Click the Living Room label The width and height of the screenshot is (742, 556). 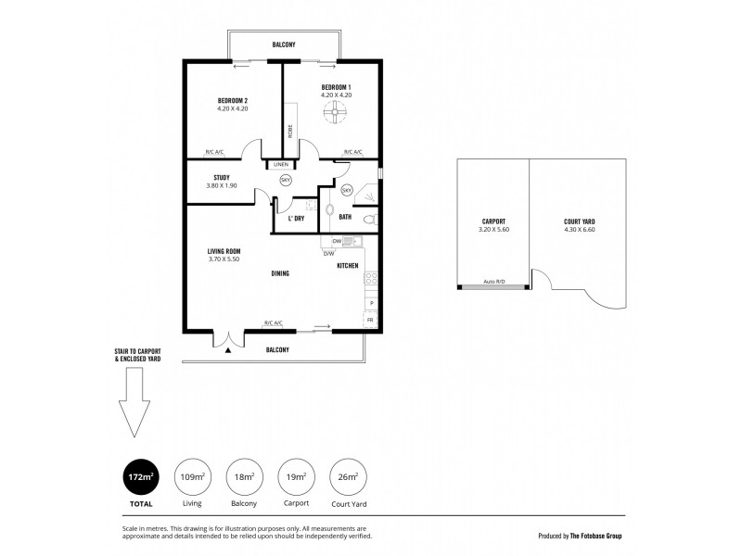pyautogui.click(x=224, y=250)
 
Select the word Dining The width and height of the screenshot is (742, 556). pyautogui.click(x=280, y=273)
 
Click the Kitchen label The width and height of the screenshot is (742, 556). pyautogui.click(x=348, y=266)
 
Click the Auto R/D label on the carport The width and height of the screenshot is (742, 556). pyautogui.click(x=493, y=282)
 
